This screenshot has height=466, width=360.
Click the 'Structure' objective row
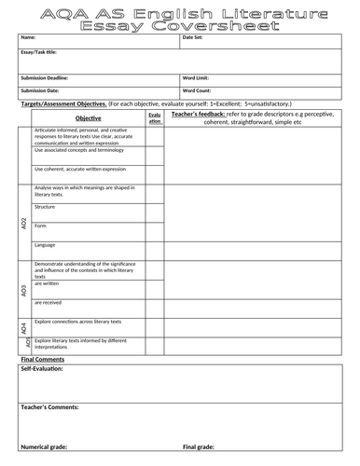(x=46, y=207)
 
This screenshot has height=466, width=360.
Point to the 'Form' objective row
(x=40, y=226)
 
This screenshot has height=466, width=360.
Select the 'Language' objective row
(x=45, y=245)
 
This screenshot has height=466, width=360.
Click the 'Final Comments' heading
(x=42, y=359)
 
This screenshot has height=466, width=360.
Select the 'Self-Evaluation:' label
(x=42, y=370)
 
